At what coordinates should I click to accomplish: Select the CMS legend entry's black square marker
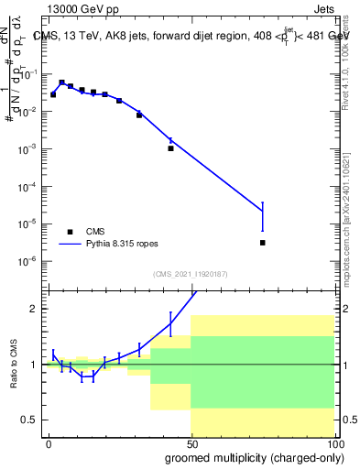coord(70,232)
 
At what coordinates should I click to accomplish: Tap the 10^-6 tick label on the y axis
coord(29,261)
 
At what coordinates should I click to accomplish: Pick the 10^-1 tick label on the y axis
coord(29,73)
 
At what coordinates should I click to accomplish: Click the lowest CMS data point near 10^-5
coord(263,243)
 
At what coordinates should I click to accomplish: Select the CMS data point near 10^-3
coord(170,147)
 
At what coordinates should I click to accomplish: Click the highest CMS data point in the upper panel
coord(61,82)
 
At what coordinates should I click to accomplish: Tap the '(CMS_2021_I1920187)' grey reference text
coord(190,274)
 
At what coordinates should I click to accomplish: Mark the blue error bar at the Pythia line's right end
coord(263,217)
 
